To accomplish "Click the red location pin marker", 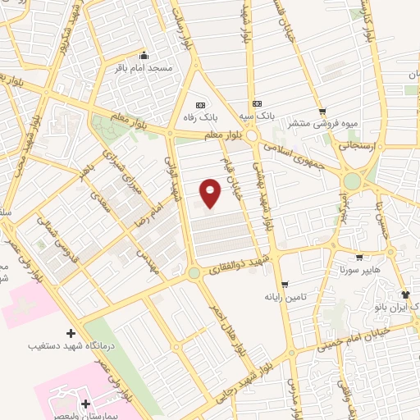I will pos(212,193).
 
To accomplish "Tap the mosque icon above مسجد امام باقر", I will pos(144,55).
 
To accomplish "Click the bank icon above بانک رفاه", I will pos(201,105).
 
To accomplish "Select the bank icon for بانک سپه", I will pos(258,104).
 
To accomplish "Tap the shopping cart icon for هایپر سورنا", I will pos(358,258).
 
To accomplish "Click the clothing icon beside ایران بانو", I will pos(404,294).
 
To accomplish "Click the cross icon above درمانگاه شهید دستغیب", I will pos(70,333).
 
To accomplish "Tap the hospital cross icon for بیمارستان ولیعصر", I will pos(86,404).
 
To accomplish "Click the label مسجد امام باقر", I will pos(144,67).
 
